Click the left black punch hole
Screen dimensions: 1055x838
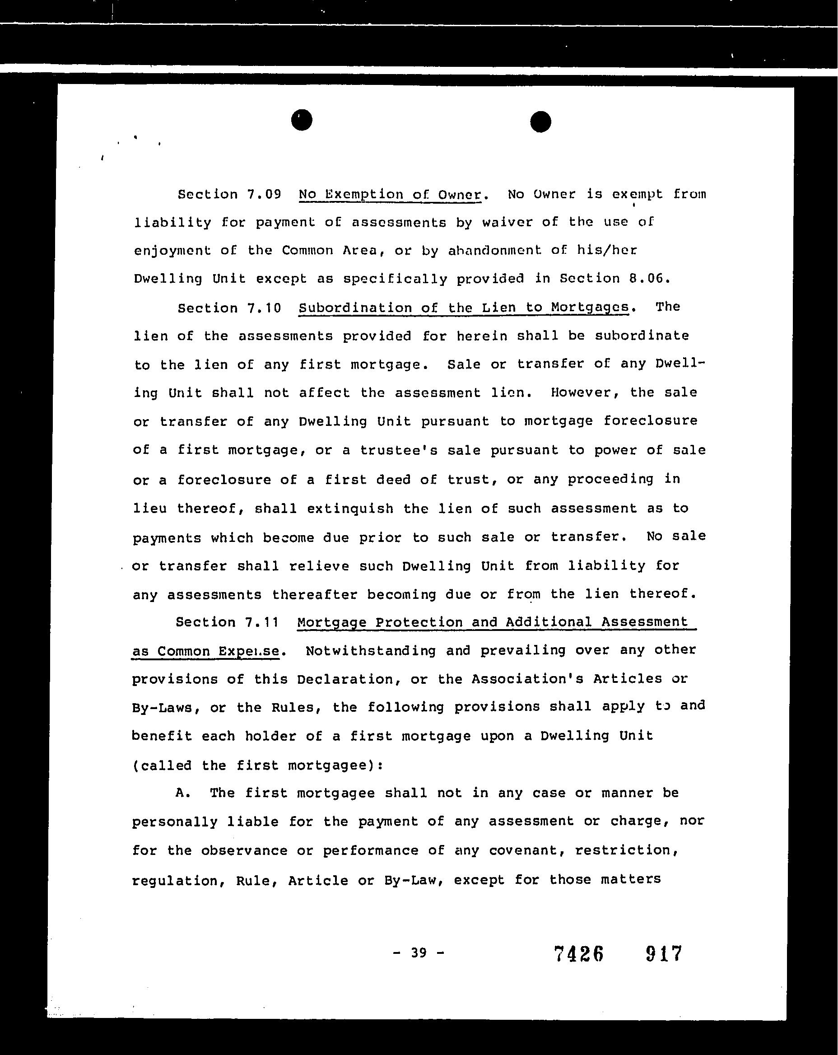[301, 120]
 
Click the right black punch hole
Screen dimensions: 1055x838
[540, 122]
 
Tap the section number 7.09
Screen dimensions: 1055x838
[264, 195]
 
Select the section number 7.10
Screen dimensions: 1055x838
[264, 308]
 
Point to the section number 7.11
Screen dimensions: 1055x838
[262, 622]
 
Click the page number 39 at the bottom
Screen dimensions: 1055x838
[419, 953]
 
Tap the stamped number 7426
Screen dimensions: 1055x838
[579, 954]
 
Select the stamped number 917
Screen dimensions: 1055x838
[664, 954]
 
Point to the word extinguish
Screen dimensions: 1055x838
[350, 509]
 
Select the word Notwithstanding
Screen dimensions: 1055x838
[370, 651]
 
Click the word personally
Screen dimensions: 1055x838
[175, 822]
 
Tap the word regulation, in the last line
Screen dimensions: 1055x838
[178, 881]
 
